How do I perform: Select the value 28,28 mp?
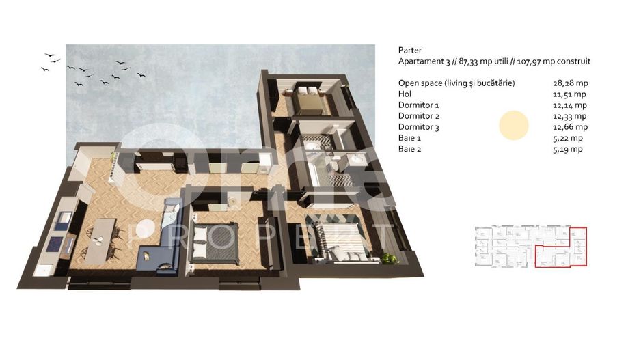click(x=569, y=83)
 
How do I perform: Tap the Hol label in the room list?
click(x=405, y=94)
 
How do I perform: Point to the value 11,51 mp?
click(x=569, y=94)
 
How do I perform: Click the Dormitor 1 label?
click(x=418, y=105)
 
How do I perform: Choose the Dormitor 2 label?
click(x=418, y=116)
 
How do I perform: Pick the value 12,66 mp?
click(x=569, y=127)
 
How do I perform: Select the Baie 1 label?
click(x=410, y=138)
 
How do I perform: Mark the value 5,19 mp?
click(x=567, y=149)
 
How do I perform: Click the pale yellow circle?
click(x=513, y=126)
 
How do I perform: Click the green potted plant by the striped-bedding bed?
click(x=389, y=258)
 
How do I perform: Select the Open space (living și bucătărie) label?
click(x=456, y=83)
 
